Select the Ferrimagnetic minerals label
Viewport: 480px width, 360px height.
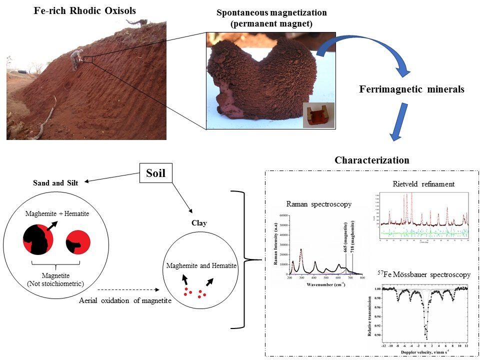411,89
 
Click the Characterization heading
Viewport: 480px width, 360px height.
371,160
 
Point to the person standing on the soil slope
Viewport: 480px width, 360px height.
75,58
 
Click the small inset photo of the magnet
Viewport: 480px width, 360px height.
318,115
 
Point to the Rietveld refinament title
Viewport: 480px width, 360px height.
423,184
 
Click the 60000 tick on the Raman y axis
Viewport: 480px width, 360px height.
282,215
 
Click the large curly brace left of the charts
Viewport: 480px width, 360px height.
244,259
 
